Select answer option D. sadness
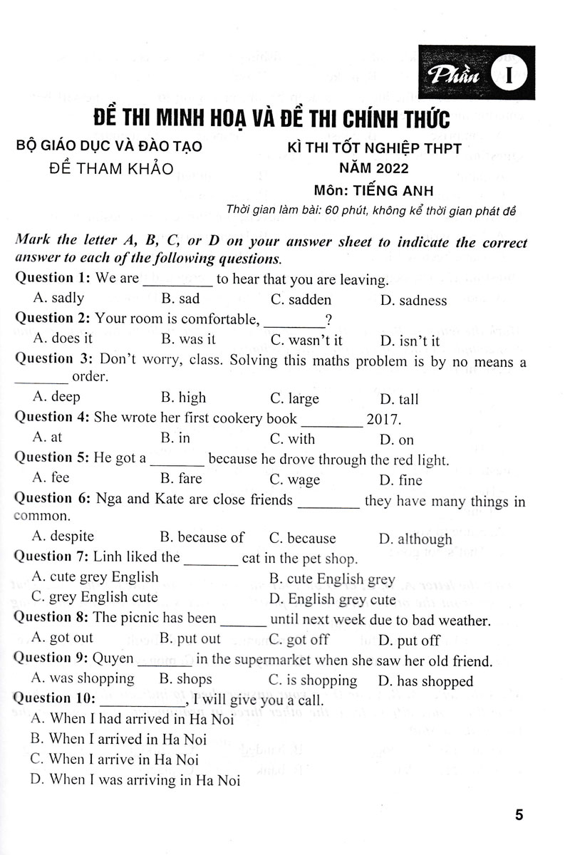pos(413,301)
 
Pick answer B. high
pos(183,398)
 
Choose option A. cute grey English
pos(95,577)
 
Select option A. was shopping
pos(83,680)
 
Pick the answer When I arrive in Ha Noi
pos(115,760)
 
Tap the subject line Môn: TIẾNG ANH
pos(373,190)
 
